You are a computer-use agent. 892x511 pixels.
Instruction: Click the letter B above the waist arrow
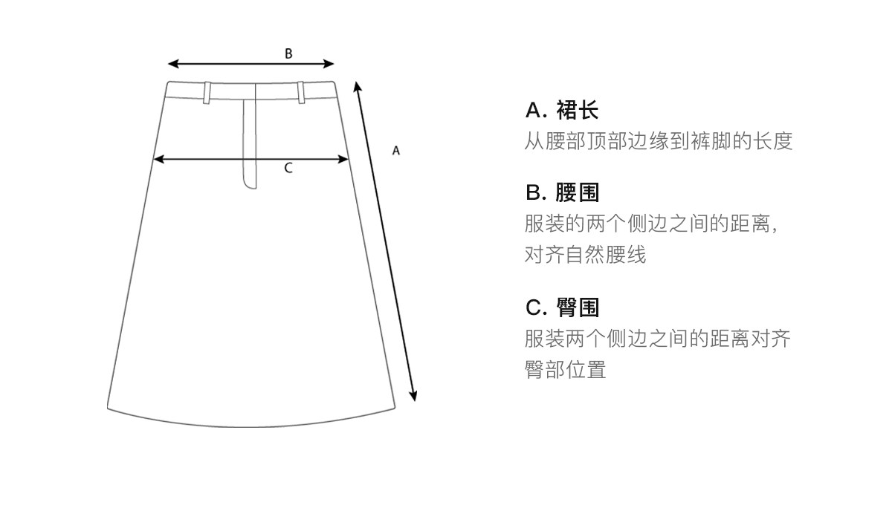point(288,53)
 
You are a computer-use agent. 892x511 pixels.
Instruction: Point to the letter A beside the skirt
point(396,151)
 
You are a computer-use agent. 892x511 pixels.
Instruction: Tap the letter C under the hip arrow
point(288,169)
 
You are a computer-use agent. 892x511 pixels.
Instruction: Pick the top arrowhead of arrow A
point(357,86)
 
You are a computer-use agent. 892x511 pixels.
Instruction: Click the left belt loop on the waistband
point(207,91)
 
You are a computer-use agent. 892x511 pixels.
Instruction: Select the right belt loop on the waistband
point(301,91)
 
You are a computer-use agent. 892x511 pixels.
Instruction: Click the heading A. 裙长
point(562,111)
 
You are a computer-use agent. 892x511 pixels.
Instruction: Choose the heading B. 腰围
point(562,193)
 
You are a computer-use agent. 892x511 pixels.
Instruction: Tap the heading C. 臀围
point(562,307)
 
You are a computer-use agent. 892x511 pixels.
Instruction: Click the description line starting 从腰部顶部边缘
point(659,141)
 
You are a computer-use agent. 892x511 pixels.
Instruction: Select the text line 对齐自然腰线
point(586,255)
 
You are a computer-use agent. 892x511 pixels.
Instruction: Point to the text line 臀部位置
point(566,370)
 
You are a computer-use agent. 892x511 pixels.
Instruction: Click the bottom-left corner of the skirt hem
point(109,407)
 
